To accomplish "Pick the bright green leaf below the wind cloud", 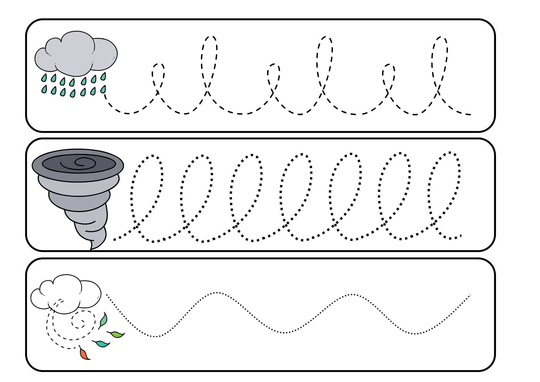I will coord(117,334).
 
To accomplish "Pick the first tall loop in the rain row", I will coord(209,59).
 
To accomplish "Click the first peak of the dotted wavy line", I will coord(217,293).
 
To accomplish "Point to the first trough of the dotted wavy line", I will coord(156,337).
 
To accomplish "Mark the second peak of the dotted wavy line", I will coord(352,294).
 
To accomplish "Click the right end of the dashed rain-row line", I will coord(470,115).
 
